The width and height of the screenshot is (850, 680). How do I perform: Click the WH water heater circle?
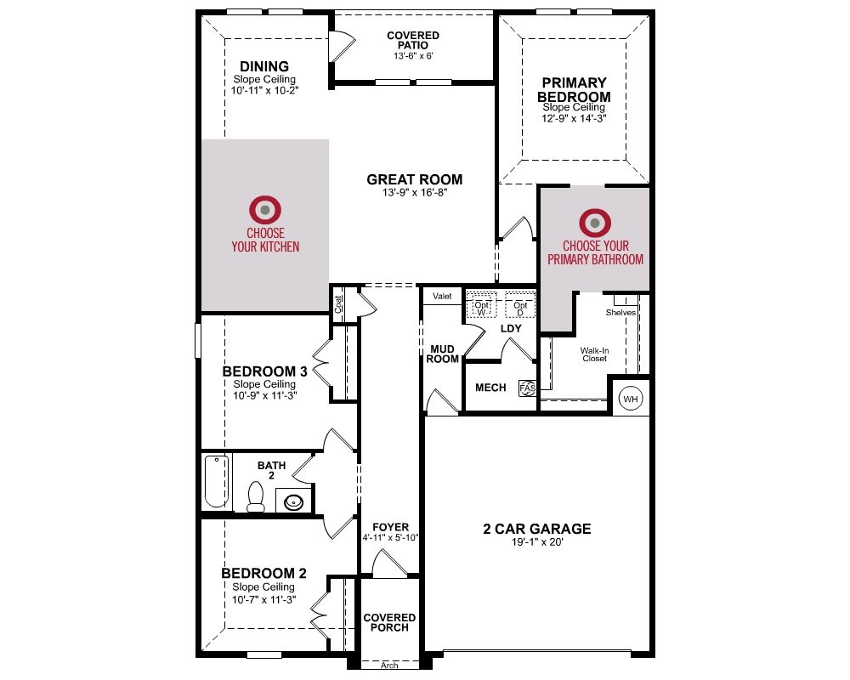pyautogui.click(x=631, y=399)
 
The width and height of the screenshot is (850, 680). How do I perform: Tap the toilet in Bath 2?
pyautogui.click(x=255, y=496)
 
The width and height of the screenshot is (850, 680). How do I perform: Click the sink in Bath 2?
pyautogui.click(x=294, y=501)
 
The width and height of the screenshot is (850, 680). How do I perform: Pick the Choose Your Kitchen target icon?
pyautogui.click(x=265, y=210)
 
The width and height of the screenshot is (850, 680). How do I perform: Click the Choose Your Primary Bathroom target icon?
pyautogui.click(x=595, y=223)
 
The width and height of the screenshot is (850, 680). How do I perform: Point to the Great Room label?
pyautogui.click(x=415, y=179)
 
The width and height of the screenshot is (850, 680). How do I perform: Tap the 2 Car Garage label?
pyautogui.click(x=536, y=529)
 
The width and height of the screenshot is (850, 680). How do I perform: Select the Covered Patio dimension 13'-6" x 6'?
pyautogui.click(x=413, y=56)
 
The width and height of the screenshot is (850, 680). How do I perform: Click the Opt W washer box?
pyautogui.click(x=481, y=308)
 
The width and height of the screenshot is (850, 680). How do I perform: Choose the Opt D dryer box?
pyautogui.click(x=520, y=308)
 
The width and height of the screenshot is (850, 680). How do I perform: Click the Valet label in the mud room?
pyautogui.click(x=442, y=296)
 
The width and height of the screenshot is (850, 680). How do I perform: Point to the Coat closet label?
pyautogui.click(x=338, y=304)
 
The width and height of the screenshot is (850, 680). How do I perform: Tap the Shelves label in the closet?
pyautogui.click(x=620, y=312)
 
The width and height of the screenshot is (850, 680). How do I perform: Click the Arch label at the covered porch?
pyautogui.click(x=389, y=666)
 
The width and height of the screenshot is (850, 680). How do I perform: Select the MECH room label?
pyautogui.click(x=490, y=388)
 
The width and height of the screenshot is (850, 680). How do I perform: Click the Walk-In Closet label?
pyautogui.click(x=595, y=354)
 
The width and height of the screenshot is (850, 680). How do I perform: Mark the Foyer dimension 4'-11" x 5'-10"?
pyautogui.click(x=390, y=538)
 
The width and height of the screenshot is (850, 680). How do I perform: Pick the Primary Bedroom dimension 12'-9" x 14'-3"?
pyautogui.click(x=574, y=118)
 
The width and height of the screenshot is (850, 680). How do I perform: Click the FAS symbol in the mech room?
pyautogui.click(x=528, y=388)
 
